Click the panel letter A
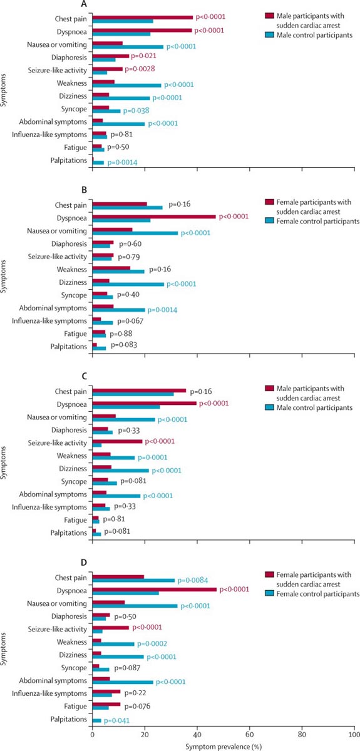click(x=84, y=4)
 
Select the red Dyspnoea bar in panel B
click(x=154, y=217)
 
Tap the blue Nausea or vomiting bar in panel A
click(x=128, y=47)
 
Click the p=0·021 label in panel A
click(x=143, y=56)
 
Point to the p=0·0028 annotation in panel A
click(x=140, y=69)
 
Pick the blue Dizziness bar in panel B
click(x=128, y=284)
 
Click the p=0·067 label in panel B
click(x=130, y=321)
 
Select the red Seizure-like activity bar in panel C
click(x=118, y=441)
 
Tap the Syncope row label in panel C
click(x=74, y=482)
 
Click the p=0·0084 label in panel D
click(x=193, y=580)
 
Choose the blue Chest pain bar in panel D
click(x=133, y=580)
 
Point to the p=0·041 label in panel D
click(x=116, y=720)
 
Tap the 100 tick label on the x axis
click(x=354, y=735)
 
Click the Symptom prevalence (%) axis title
click(x=224, y=747)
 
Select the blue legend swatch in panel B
click(x=269, y=220)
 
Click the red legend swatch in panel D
click(x=269, y=575)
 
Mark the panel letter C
click(x=84, y=376)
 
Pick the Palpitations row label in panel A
click(x=68, y=160)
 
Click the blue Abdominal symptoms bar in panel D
click(x=123, y=682)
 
